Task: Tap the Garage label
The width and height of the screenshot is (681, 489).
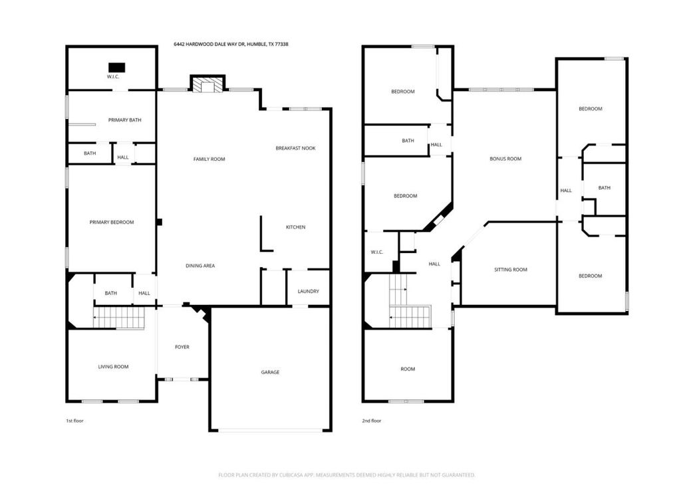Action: pos(270,372)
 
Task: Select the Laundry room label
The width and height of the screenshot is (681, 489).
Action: pos(309,291)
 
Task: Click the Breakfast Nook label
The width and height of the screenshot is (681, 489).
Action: pos(295,148)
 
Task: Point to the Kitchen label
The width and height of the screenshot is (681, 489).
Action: pos(296,227)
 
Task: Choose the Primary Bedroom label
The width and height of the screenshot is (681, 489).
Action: pos(112,222)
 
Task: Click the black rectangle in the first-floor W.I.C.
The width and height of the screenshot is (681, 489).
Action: pos(117,68)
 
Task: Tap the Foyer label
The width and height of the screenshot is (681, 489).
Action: pos(182,347)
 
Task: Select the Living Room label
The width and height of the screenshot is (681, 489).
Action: pos(113,367)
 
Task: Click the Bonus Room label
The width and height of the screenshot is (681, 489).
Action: pos(505,159)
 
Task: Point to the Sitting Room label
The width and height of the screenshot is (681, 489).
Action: pos(511,270)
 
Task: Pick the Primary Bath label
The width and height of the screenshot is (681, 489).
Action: pos(124,120)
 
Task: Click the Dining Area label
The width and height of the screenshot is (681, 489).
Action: pos(200,266)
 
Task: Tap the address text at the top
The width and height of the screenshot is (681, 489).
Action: pos(231,45)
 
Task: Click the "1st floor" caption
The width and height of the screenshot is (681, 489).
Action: pos(74,421)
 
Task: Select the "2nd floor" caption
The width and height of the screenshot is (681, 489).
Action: pos(372,421)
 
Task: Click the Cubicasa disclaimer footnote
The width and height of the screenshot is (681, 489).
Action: pos(346,475)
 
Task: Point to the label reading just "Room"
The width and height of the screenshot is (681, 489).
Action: pos(408,369)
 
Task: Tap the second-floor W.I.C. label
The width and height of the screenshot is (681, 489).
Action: pos(377,252)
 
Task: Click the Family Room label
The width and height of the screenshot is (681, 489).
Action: pos(209,159)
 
